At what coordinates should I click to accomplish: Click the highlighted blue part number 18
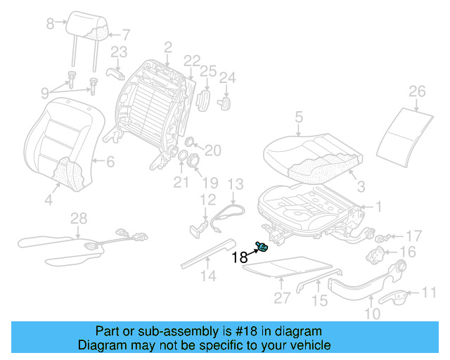click(x=264, y=245)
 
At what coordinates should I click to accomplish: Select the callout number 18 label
click(x=239, y=257)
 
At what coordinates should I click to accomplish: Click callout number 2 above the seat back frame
click(x=167, y=47)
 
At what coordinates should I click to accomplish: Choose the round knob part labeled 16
click(x=380, y=252)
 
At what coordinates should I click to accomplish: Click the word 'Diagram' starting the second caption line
click(x=99, y=345)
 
